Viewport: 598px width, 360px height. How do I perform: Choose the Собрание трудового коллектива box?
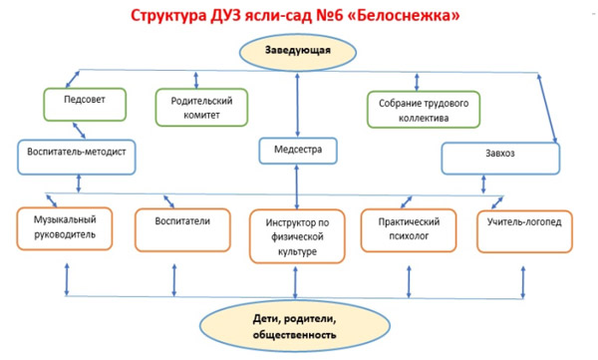coord(423,110)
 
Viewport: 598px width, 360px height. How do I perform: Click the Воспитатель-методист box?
coord(76,155)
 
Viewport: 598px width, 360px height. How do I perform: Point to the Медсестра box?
coord(297,152)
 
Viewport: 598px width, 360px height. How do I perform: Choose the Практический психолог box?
coord(408,227)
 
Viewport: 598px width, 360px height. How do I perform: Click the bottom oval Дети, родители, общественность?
coord(296,327)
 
